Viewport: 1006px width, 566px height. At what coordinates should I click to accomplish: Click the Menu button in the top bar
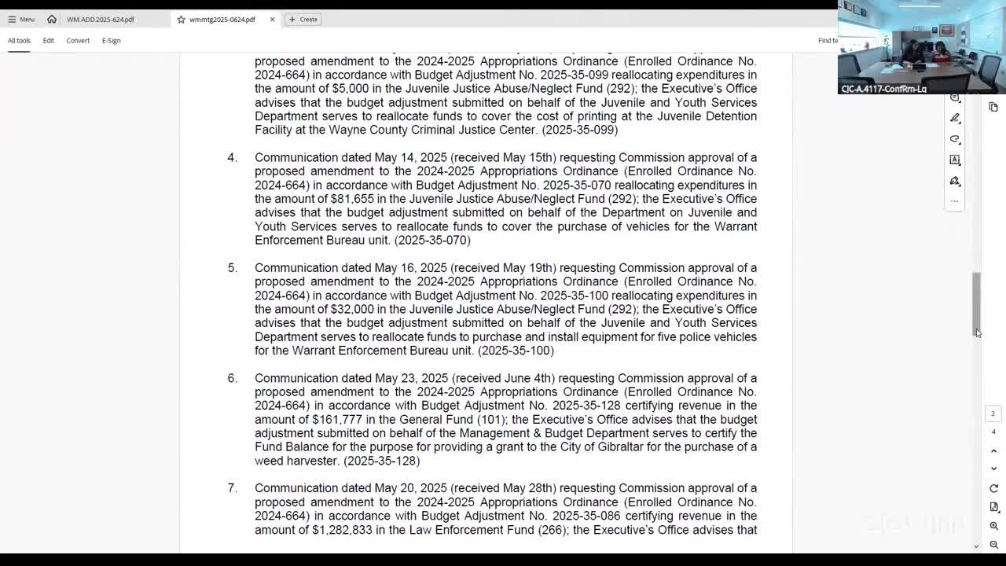(21, 19)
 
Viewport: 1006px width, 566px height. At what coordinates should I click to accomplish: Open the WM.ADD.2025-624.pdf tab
(101, 19)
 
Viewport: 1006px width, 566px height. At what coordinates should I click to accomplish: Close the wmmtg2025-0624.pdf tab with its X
(272, 19)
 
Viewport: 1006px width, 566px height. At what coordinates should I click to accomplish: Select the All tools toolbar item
(19, 40)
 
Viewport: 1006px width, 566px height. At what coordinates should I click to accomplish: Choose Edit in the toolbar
(48, 40)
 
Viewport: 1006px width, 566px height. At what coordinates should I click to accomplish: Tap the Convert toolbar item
(78, 40)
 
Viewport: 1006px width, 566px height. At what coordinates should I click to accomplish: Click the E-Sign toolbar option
(111, 40)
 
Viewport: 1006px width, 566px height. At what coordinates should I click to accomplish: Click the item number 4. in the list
(232, 157)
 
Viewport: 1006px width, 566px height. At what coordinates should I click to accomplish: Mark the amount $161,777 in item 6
(337, 420)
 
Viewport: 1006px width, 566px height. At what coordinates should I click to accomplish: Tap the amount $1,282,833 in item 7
(343, 530)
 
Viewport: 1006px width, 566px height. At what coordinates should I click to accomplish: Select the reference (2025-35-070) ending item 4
(432, 241)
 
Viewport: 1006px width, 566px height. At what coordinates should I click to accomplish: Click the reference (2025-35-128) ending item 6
(382, 461)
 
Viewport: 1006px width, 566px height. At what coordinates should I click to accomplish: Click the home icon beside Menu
(52, 19)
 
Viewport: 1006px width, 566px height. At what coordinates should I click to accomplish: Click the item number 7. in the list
(232, 488)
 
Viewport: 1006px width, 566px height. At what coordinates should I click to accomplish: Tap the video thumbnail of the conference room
(921, 47)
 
